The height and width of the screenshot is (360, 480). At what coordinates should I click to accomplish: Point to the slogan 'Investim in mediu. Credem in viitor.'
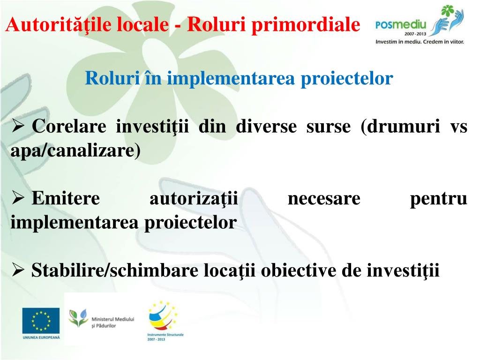(x=420, y=42)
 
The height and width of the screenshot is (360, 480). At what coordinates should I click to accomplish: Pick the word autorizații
(x=194, y=199)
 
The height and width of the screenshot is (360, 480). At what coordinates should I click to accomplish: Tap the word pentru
(x=438, y=199)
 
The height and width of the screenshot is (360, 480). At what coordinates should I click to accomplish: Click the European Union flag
(x=41, y=321)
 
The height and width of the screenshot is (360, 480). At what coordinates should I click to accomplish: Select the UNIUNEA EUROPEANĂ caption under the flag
(x=41, y=337)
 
